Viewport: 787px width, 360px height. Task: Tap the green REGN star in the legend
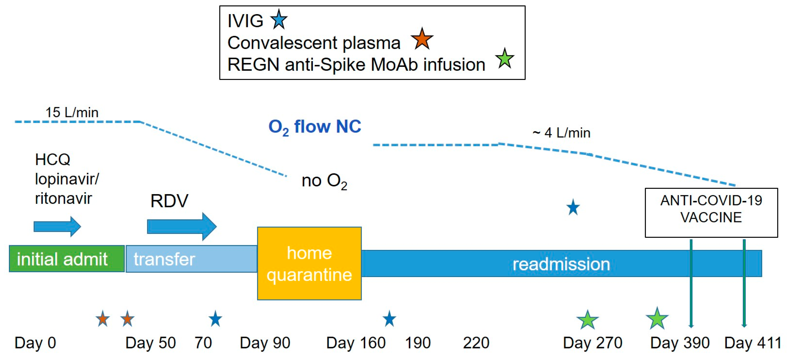click(x=505, y=59)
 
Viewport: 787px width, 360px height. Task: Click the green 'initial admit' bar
click(x=67, y=259)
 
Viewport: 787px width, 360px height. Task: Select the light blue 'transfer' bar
click(x=191, y=259)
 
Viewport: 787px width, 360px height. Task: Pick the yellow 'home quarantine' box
click(x=309, y=263)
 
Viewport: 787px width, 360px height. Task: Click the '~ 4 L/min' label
click(x=561, y=133)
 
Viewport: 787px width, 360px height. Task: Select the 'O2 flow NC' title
click(x=315, y=127)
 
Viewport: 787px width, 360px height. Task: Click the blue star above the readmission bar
click(x=573, y=208)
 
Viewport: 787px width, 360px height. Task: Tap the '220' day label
click(x=476, y=343)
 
